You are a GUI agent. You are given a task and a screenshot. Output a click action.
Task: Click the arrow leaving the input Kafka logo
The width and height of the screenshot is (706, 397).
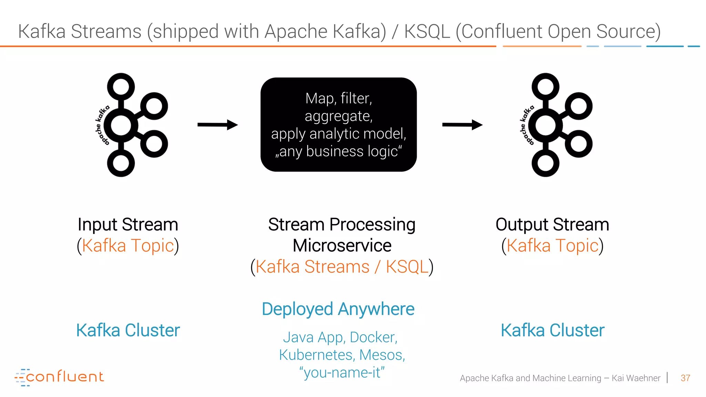tap(218, 125)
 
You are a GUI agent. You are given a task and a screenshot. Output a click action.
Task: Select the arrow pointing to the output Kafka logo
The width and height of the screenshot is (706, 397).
tap(462, 125)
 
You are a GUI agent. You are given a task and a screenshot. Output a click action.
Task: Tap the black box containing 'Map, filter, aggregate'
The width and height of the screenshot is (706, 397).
tap(339, 125)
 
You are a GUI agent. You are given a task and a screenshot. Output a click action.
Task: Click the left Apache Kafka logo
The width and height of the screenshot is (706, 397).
tap(133, 125)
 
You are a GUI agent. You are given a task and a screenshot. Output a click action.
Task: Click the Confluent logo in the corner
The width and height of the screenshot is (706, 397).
tap(59, 377)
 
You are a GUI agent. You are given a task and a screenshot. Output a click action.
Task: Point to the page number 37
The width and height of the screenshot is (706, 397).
tap(685, 378)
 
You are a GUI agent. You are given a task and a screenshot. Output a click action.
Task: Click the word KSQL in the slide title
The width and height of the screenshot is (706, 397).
tap(427, 31)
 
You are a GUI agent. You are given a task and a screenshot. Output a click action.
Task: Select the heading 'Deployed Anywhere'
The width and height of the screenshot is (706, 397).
tap(338, 309)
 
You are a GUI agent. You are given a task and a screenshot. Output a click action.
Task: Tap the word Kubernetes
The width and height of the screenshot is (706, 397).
tap(316, 355)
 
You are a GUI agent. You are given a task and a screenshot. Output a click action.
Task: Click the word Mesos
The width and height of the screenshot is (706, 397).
tap(382, 355)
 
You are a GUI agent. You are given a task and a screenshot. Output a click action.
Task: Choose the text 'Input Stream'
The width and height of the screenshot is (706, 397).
tap(128, 225)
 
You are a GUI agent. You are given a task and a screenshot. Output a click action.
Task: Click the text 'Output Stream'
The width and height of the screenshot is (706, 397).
tap(552, 225)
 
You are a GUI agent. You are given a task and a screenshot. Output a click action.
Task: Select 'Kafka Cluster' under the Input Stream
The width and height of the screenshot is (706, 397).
tap(128, 330)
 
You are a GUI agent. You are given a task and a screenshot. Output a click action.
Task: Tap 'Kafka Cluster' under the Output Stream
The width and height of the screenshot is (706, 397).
tap(552, 330)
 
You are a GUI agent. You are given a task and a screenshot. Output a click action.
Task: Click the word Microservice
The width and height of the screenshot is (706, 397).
tap(342, 246)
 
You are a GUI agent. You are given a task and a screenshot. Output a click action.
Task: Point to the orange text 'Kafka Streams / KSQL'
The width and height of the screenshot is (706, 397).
tap(342, 267)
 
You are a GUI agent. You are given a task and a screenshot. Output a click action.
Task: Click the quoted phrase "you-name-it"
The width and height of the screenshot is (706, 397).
tap(342, 373)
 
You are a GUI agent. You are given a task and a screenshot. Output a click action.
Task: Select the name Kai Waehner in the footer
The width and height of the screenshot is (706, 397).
tap(636, 378)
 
